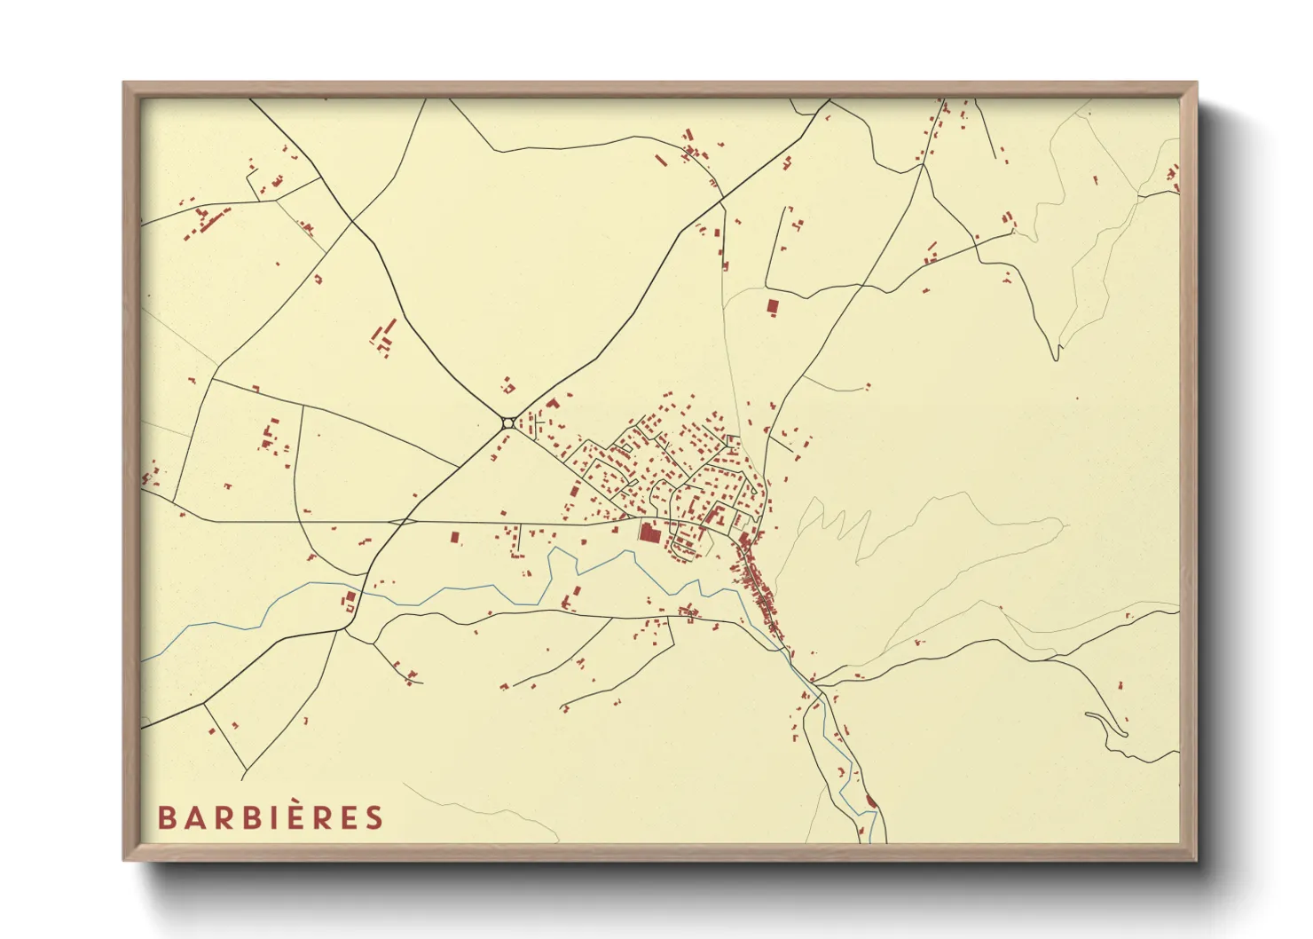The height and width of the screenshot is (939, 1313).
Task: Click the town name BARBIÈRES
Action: (x=271, y=817)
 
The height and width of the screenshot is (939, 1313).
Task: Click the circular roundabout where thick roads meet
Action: (x=507, y=423)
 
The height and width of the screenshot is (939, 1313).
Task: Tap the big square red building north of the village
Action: (x=772, y=306)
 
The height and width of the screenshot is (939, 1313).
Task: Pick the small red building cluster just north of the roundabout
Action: (x=507, y=386)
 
